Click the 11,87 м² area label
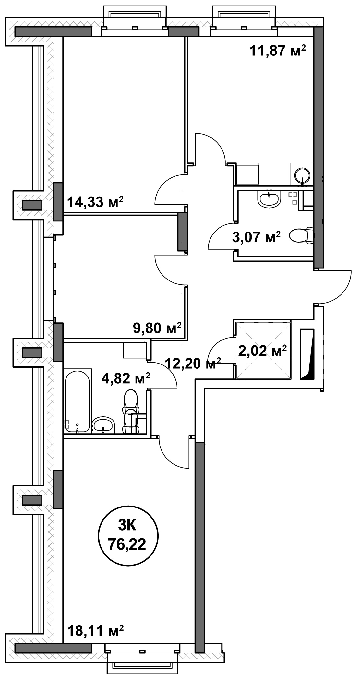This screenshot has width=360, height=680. (x=278, y=51)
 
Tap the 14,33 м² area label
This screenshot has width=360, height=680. (x=95, y=202)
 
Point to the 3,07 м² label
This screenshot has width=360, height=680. (x=257, y=237)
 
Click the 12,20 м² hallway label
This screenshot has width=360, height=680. (x=193, y=363)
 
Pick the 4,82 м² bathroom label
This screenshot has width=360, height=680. (x=126, y=378)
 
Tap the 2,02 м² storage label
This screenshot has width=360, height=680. (x=263, y=350)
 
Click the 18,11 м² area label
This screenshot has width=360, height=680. (x=95, y=631)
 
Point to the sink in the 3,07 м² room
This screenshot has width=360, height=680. (x=269, y=198)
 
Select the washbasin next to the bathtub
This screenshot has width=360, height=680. (x=103, y=425)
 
